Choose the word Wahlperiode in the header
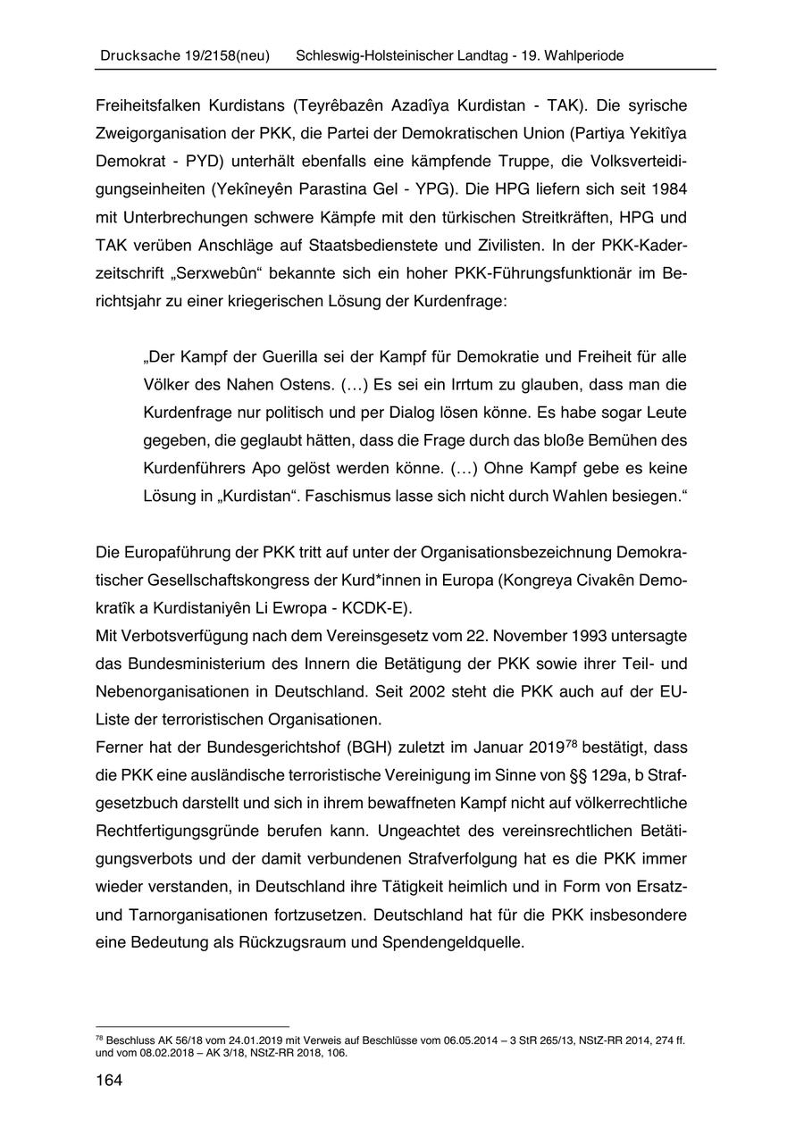(x=582, y=55)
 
